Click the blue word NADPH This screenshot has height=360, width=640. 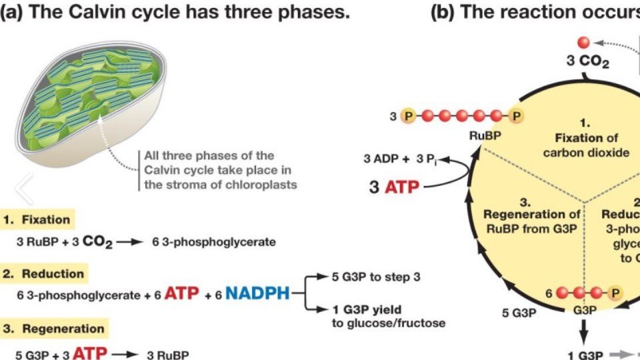(x=257, y=293)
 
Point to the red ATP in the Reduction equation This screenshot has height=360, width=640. (x=181, y=293)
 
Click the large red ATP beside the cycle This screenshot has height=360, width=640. (x=403, y=187)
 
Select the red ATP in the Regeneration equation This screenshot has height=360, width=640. (x=82, y=353)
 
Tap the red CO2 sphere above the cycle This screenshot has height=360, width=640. (x=583, y=43)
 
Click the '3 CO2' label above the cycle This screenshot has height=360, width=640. (x=587, y=62)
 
